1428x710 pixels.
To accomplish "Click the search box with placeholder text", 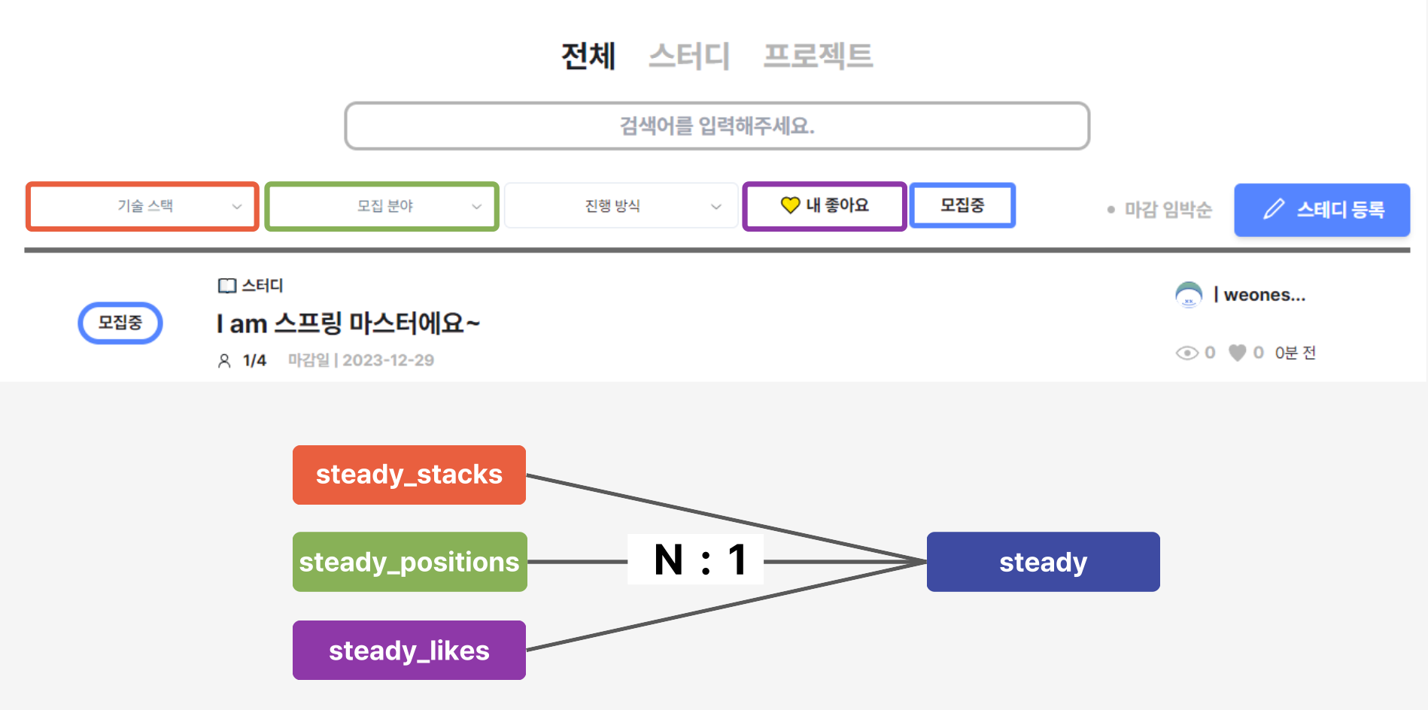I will click(x=717, y=126).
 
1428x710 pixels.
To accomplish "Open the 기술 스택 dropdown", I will click(x=143, y=206).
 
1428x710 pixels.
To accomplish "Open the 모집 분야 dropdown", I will click(x=382, y=206).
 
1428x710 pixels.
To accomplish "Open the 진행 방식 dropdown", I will click(x=621, y=206).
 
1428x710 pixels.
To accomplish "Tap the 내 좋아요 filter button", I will click(x=825, y=206).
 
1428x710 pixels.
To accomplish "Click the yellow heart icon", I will click(x=790, y=205).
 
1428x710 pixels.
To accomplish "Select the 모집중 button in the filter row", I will click(x=962, y=205).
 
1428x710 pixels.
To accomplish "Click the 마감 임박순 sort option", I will click(x=1167, y=210).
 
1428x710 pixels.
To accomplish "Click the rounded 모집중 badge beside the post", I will click(x=120, y=323).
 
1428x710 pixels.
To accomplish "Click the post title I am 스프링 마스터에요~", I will click(x=348, y=323).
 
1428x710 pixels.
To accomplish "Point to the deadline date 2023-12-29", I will click(x=388, y=360).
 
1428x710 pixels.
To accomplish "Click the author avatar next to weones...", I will click(x=1189, y=295).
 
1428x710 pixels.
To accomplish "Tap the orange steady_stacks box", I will click(x=409, y=475).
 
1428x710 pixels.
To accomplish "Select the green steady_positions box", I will click(x=409, y=562).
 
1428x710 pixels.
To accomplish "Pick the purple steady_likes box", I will click(x=409, y=651).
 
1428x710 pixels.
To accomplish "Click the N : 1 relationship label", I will click(x=696, y=560).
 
